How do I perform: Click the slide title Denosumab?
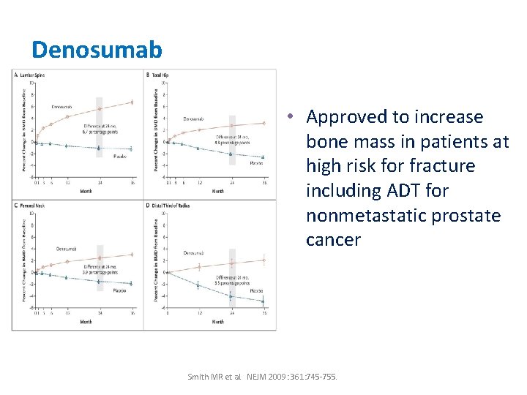pyautogui.click(x=97, y=49)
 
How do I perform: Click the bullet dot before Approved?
pyautogui.click(x=291, y=118)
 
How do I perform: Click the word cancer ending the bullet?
pyautogui.click(x=334, y=240)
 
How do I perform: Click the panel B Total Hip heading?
pyautogui.click(x=159, y=75)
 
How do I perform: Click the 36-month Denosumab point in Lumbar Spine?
pyautogui.click(x=132, y=102)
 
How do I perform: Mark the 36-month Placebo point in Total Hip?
pyautogui.click(x=263, y=157)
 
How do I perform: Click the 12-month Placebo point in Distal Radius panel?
pyautogui.click(x=199, y=285)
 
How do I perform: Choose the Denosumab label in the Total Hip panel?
pyautogui.click(x=195, y=118)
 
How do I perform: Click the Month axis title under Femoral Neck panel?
pyautogui.click(x=86, y=322)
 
